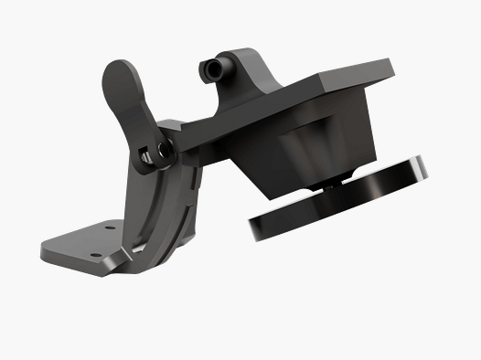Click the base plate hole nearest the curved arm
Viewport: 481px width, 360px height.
click(x=109, y=228)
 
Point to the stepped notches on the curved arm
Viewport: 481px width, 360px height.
click(x=191, y=210)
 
